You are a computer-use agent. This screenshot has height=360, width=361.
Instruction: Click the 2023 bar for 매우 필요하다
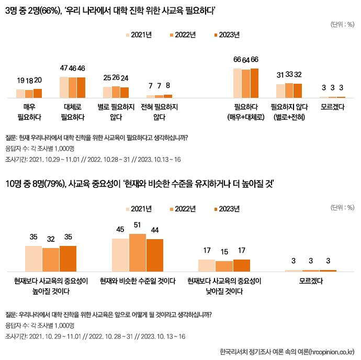tap(37, 93)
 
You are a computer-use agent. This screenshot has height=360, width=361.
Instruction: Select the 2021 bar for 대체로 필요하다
tap(64, 87)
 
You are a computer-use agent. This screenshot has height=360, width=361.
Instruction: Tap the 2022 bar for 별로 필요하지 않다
tap(116, 92)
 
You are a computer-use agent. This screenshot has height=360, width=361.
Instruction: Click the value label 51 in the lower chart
tap(137, 225)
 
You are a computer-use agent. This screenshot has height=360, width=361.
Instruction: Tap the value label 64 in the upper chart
tap(246, 59)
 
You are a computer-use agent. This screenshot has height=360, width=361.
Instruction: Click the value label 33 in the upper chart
tap(289, 74)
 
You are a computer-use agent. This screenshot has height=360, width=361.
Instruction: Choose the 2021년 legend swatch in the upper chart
tap(128, 35)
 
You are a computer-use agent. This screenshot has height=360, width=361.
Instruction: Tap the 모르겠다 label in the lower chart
tap(311, 281)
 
